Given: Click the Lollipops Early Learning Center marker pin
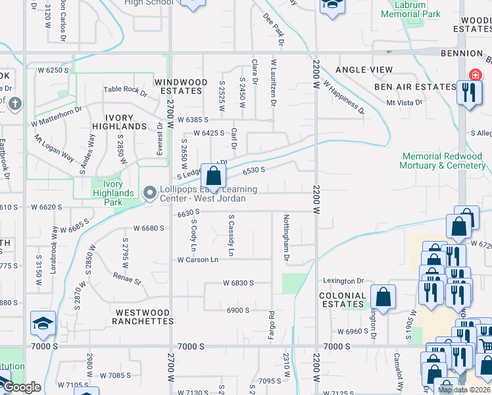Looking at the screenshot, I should pyautogui.click(x=150, y=193).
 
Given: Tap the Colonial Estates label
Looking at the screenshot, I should pyautogui.click(x=342, y=300).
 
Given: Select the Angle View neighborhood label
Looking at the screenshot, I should pyautogui.click(x=364, y=70).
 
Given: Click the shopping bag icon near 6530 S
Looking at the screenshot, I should pyautogui.click(x=213, y=176).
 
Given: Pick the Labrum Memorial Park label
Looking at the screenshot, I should pyautogui.click(x=410, y=9).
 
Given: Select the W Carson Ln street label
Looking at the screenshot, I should pyautogui.click(x=197, y=259).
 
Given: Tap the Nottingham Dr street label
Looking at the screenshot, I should pyautogui.click(x=286, y=237).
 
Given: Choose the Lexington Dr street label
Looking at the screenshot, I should pyautogui.click(x=342, y=281).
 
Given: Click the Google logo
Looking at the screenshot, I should pyautogui.click(x=22, y=388).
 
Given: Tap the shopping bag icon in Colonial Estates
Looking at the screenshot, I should pyautogui.click(x=383, y=296).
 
